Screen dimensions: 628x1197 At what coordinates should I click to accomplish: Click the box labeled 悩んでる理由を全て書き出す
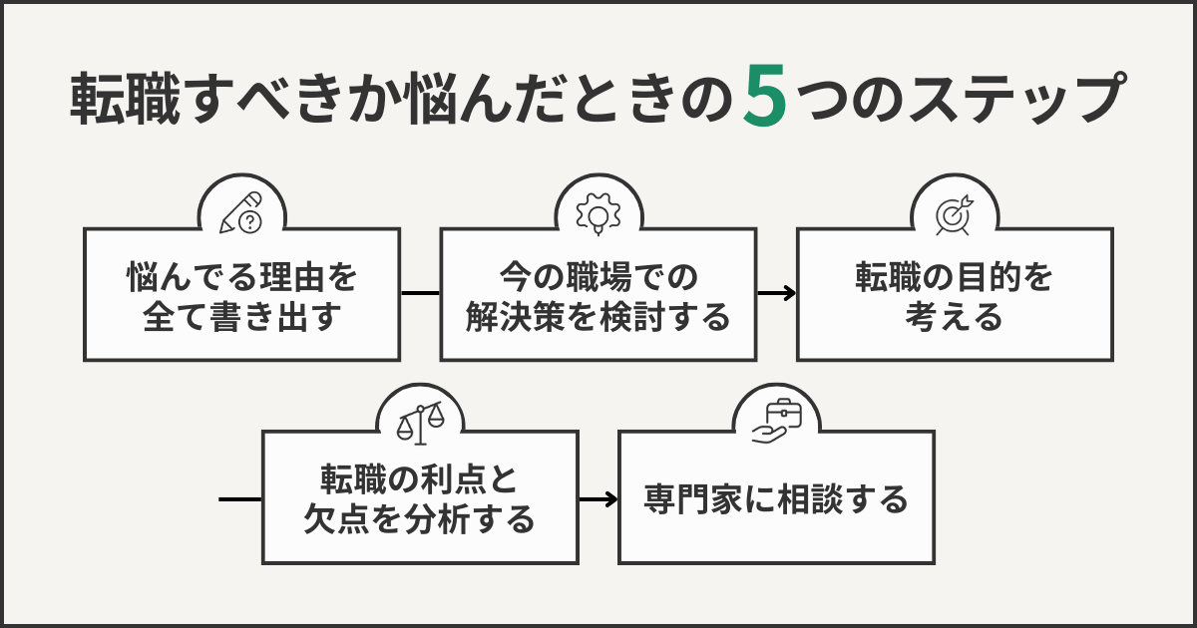(x=242, y=295)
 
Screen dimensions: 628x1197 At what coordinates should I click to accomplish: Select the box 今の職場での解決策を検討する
(x=598, y=295)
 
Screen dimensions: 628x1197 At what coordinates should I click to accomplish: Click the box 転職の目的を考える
(x=955, y=295)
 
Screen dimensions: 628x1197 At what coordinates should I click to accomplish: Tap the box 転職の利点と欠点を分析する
(x=420, y=497)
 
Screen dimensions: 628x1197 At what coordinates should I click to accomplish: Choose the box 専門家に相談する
(x=776, y=497)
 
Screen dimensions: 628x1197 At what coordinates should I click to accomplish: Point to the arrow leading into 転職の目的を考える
(x=777, y=293)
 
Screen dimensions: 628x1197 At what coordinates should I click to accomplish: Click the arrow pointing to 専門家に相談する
(x=599, y=497)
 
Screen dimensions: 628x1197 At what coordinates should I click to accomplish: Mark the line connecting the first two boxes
(x=420, y=293)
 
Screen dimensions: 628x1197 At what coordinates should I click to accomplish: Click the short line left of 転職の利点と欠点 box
(x=239, y=497)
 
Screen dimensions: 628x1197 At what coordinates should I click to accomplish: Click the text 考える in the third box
(x=954, y=318)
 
